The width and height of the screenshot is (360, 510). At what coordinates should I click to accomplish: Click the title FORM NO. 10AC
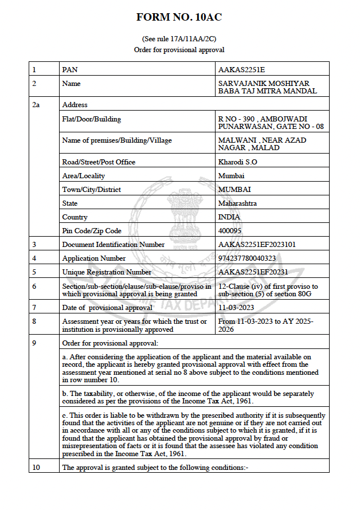[x=179, y=17]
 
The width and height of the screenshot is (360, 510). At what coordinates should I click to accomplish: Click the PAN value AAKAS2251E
[x=241, y=70]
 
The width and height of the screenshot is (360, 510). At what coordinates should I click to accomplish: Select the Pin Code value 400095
[x=230, y=231]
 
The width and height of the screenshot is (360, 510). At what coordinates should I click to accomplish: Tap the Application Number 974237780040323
[x=248, y=258]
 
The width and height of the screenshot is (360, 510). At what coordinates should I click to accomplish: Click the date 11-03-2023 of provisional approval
[x=236, y=308]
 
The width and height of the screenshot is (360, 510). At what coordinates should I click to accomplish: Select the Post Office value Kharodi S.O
[x=238, y=162]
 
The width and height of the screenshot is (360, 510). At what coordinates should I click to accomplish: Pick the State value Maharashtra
[x=237, y=203]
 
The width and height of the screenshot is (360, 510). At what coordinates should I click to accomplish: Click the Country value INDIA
[x=229, y=217]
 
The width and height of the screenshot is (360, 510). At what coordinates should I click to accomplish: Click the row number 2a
[x=36, y=105]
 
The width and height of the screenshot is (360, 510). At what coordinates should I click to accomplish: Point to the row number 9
[x=34, y=343]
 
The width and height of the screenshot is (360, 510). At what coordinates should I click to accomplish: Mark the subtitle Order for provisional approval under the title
[x=179, y=50]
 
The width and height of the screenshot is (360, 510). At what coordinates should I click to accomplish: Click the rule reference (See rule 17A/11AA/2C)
[x=179, y=39]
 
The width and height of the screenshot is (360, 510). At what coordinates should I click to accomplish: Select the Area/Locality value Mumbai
[x=232, y=176]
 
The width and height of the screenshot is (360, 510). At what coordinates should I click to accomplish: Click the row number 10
[x=36, y=468]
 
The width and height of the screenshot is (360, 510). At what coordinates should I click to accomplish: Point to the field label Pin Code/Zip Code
[x=92, y=231]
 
